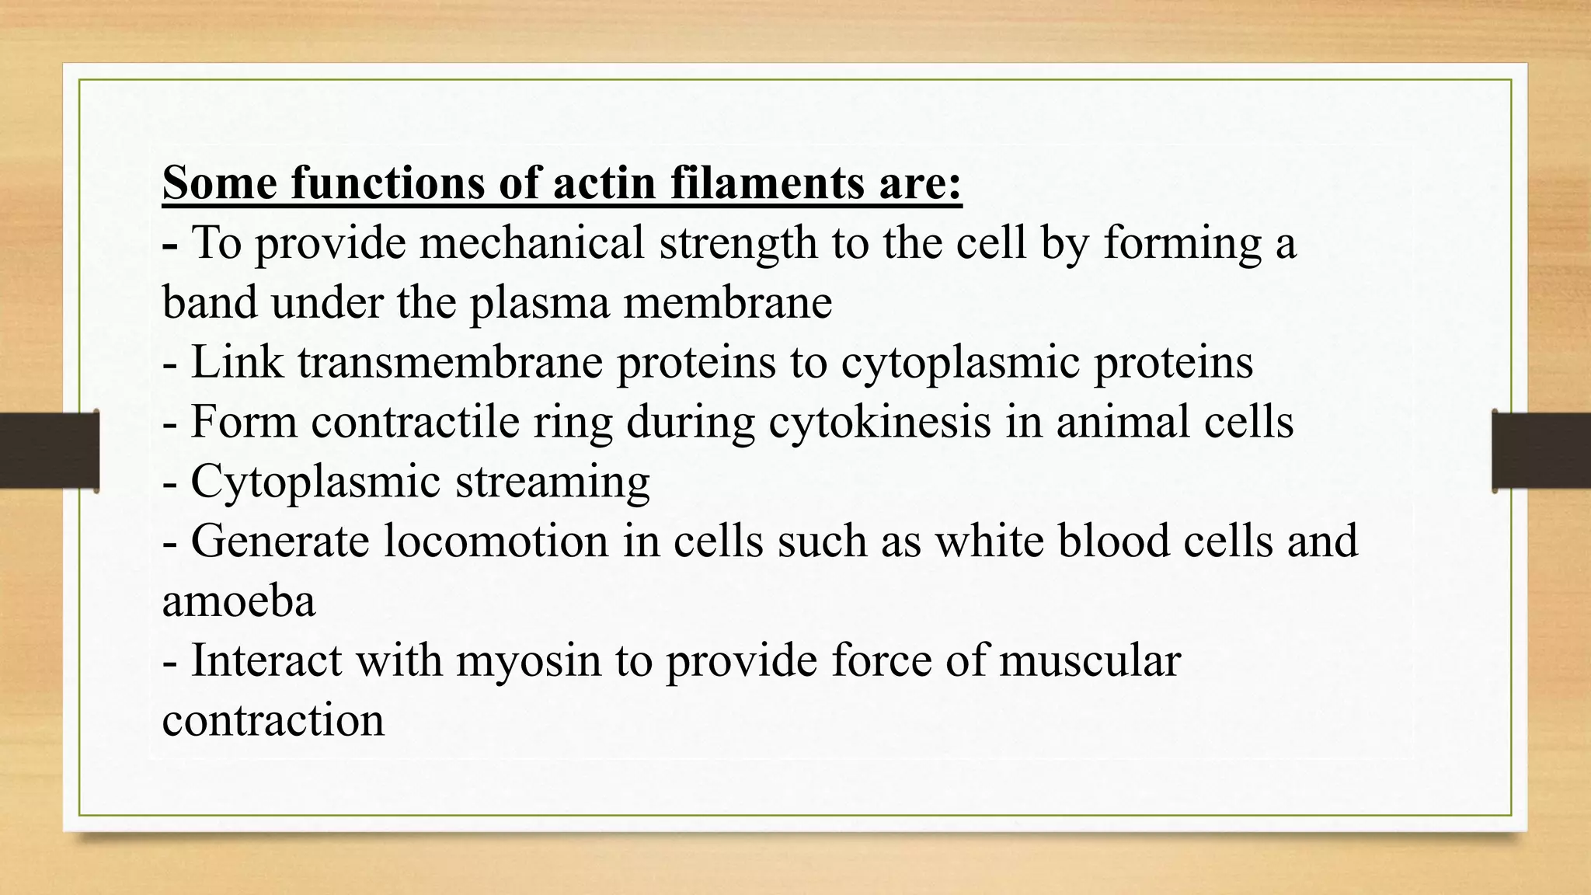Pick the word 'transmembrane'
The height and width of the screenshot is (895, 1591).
pos(450,362)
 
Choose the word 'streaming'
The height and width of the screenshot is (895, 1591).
pos(552,482)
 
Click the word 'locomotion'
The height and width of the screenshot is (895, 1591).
pos(496,541)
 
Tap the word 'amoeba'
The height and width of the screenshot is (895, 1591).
pos(239,601)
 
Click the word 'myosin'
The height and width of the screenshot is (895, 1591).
pos(529,660)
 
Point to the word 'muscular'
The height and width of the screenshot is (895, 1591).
pos(1089,660)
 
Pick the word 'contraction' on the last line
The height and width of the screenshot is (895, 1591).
pos(273,720)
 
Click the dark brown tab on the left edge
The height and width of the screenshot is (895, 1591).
pos(49,451)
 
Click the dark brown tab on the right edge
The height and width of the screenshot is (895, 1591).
pos(1541,451)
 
